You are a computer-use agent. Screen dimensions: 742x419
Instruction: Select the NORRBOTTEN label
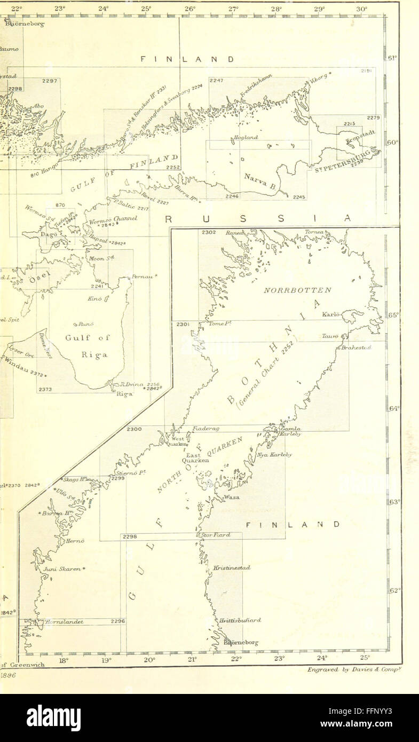coord(298,290)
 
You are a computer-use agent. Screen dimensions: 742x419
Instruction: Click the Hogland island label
coord(246,137)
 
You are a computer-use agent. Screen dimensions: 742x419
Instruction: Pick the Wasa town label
coord(232,497)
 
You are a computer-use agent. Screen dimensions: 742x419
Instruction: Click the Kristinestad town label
coord(232,568)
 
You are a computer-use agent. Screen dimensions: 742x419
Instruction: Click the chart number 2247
coord(216,81)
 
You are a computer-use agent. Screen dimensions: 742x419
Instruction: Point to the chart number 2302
coord(208,232)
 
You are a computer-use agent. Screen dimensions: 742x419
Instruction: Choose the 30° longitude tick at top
coord(362,9)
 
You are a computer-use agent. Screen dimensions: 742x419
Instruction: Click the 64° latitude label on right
coord(394,408)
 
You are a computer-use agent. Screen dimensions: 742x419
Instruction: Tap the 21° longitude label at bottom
coord(192,660)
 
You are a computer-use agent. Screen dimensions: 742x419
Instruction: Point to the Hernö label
coord(75,541)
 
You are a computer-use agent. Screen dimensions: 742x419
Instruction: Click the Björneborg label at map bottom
coord(241,643)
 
